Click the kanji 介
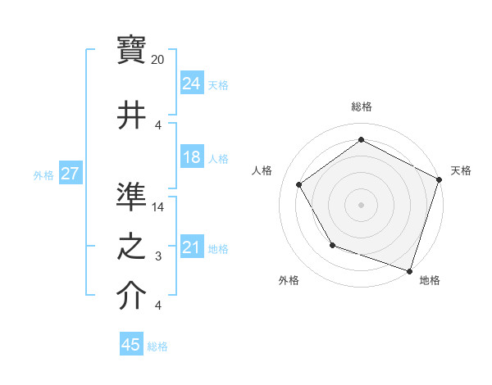pos(132,297)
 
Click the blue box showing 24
pos(192,84)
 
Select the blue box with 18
pos(192,158)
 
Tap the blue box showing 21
pos(192,248)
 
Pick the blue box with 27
pos(70,174)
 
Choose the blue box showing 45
pos(131,345)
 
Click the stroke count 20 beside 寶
pos(158,60)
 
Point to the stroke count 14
pos(158,207)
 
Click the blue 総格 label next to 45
pos(157,346)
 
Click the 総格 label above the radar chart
pos(361,106)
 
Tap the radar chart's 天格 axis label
pos(461,170)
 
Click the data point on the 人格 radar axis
pos(299,184)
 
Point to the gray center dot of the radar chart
pos(361,204)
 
